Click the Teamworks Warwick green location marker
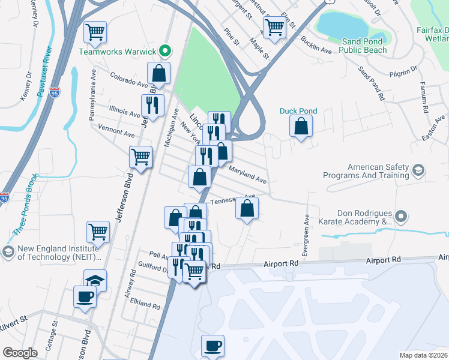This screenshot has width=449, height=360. [x=167, y=51]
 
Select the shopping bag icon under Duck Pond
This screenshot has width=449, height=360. [x=301, y=127]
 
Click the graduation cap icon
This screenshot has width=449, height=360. [x=94, y=280]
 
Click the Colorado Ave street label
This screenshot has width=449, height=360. [x=128, y=80]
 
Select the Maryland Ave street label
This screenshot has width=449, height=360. [x=247, y=175]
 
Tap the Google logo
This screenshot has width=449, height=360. [x=20, y=353]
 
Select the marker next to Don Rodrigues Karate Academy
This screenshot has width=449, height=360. [x=402, y=216]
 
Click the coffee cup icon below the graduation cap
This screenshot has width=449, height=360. [x=85, y=296]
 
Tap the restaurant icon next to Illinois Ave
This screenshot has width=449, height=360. [x=152, y=105]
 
